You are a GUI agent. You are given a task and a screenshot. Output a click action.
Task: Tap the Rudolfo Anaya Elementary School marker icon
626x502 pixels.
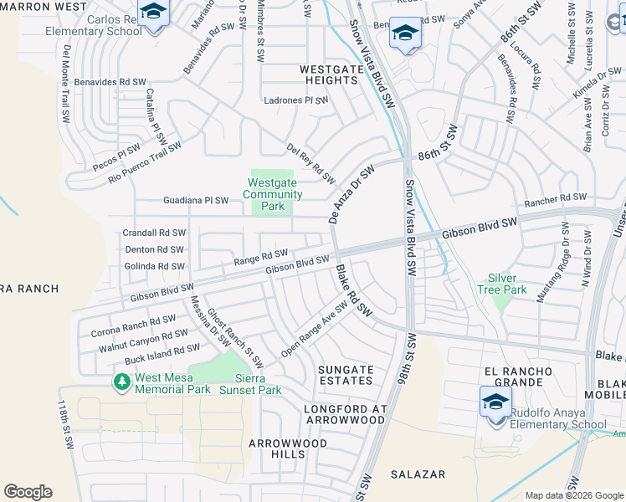(x=495, y=402)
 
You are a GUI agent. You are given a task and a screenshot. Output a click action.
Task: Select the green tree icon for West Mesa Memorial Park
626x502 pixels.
(x=121, y=382)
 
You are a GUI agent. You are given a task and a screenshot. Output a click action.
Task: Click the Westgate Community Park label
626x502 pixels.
(x=272, y=194)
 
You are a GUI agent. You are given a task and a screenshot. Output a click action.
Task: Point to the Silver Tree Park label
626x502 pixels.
(x=508, y=284)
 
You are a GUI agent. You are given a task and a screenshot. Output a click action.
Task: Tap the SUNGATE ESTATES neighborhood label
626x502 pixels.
(x=346, y=375)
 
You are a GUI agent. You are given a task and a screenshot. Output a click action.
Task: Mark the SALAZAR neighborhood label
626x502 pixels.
(x=418, y=474)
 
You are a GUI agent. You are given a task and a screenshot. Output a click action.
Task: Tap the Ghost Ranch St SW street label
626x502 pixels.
(x=235, y=338)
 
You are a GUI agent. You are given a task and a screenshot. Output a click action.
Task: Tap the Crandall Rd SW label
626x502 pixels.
(x=154, y=233)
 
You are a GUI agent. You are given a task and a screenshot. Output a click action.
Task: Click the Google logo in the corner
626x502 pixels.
(x=28, y=492)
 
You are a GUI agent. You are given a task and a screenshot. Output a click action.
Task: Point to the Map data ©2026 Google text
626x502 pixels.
(x=573, y=495)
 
